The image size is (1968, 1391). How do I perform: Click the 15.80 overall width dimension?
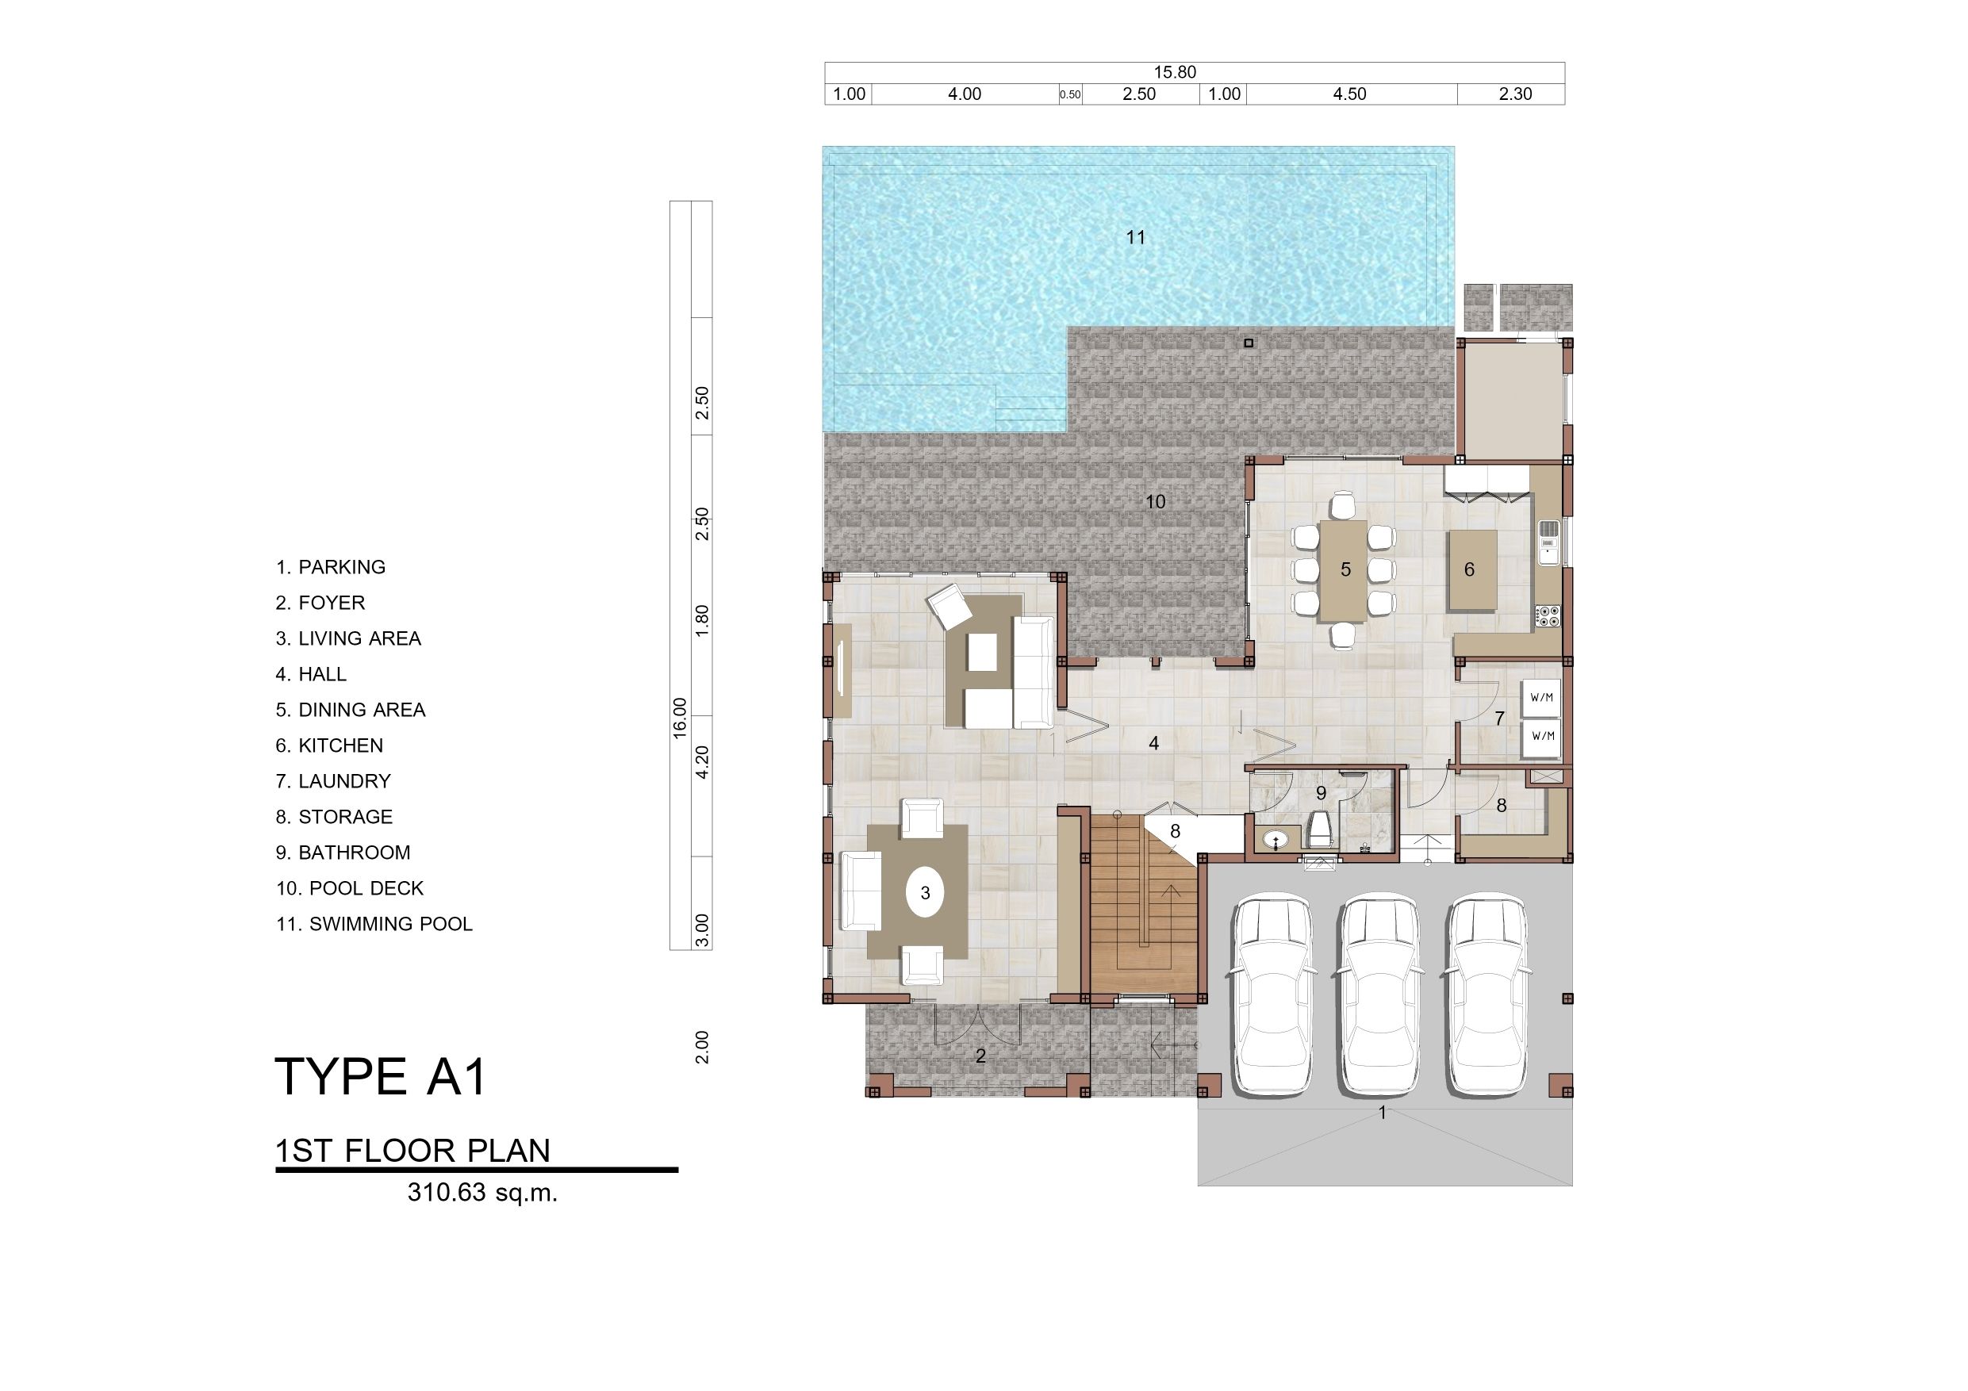tap(1174, 73)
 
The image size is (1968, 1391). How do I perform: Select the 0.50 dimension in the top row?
tap(1070, 95)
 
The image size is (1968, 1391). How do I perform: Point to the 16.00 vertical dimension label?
tap(680, 718)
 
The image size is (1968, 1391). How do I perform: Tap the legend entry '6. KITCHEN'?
tap(329, 745)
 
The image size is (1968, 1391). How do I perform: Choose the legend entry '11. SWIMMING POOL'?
tap(374, 924)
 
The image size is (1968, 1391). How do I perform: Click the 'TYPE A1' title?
tap(381, 1076)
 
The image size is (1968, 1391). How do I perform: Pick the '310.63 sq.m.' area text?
tap(482, 1193)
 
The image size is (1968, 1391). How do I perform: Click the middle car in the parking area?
tap(1379, 996)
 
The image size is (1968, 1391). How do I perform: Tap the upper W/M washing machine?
tap(1541, 698)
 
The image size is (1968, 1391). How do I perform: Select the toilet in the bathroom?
tap(1321, 829)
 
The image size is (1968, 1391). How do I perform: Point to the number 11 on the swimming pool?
tap(1136, 237)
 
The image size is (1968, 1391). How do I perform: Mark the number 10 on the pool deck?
tap(1156, 501)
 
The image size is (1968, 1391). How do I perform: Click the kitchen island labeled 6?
tap(1471, 570)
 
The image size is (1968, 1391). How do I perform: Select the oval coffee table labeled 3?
tap(925, 893)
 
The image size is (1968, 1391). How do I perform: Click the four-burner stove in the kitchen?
tap(1549, 615)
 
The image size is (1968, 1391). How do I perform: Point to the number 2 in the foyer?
tap(980, 1057)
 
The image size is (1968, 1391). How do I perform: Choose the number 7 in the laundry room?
tap(1499, 719)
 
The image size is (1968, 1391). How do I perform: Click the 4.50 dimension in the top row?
tap(1349, 94)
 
